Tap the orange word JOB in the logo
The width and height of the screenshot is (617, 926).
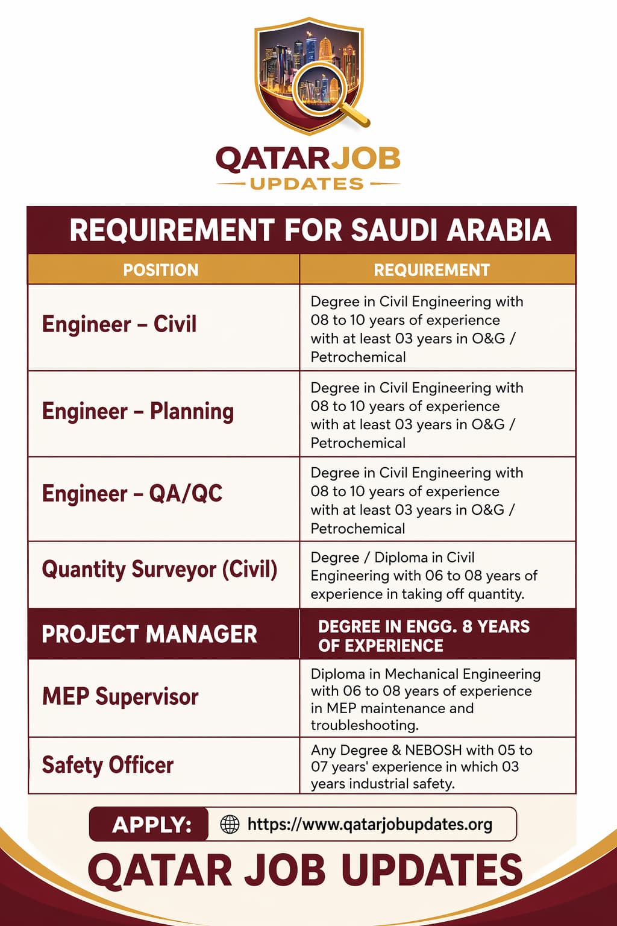click(366, 159)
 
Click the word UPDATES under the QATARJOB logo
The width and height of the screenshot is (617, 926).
click(307, 184)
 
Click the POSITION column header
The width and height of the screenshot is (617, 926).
click(160, 270)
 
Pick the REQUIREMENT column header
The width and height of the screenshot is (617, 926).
click(431, 270)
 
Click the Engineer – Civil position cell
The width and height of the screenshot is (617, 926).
click(119, 324)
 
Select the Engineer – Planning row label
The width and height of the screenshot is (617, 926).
click(137, 411)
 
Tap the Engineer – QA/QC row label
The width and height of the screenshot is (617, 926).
click(132, 494)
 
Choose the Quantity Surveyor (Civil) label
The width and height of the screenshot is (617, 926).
click(159, 570)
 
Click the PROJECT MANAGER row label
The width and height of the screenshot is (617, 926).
click(149, 634)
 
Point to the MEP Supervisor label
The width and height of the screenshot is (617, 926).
click(120, 697)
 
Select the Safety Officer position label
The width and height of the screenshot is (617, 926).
click(107, 766)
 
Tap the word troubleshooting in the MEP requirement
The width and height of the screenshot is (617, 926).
click(364, 725)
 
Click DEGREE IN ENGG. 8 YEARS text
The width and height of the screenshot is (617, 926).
click(424, 627)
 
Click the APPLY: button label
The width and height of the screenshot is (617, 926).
click(151, 825)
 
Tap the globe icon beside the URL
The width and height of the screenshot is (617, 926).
click(230, 824)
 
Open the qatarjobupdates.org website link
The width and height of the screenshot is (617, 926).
click(369, 825)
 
